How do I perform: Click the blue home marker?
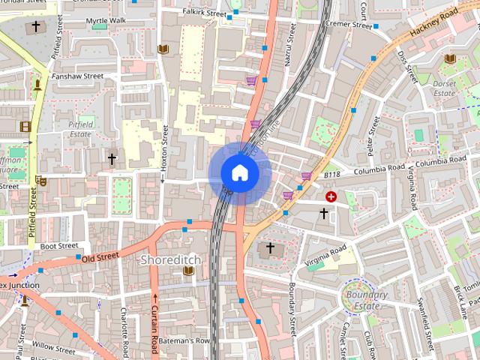[x=239, y=172]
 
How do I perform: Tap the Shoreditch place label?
[x=170, y=259]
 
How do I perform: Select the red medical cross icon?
[x=331, y=196]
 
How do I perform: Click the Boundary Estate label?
[x=365, y=300]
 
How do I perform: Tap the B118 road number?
[x=332, y=175]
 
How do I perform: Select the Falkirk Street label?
[x=205, y=13]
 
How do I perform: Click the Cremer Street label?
[x=350, y=25]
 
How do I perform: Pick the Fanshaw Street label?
[x=77, y=76]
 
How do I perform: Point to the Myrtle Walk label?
[x=106, y=20]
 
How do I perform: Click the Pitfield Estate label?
[x=79, y=129]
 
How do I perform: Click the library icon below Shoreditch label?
[x=188, y=271]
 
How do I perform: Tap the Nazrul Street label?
[x=288, y=44]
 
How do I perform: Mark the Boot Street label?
[x=59, y=245]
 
